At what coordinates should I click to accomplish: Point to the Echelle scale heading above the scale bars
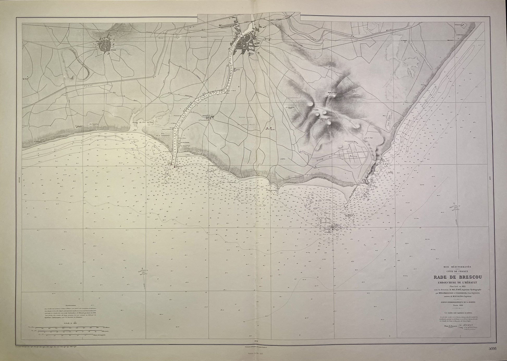pyautogui.click(x=67, y=324)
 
